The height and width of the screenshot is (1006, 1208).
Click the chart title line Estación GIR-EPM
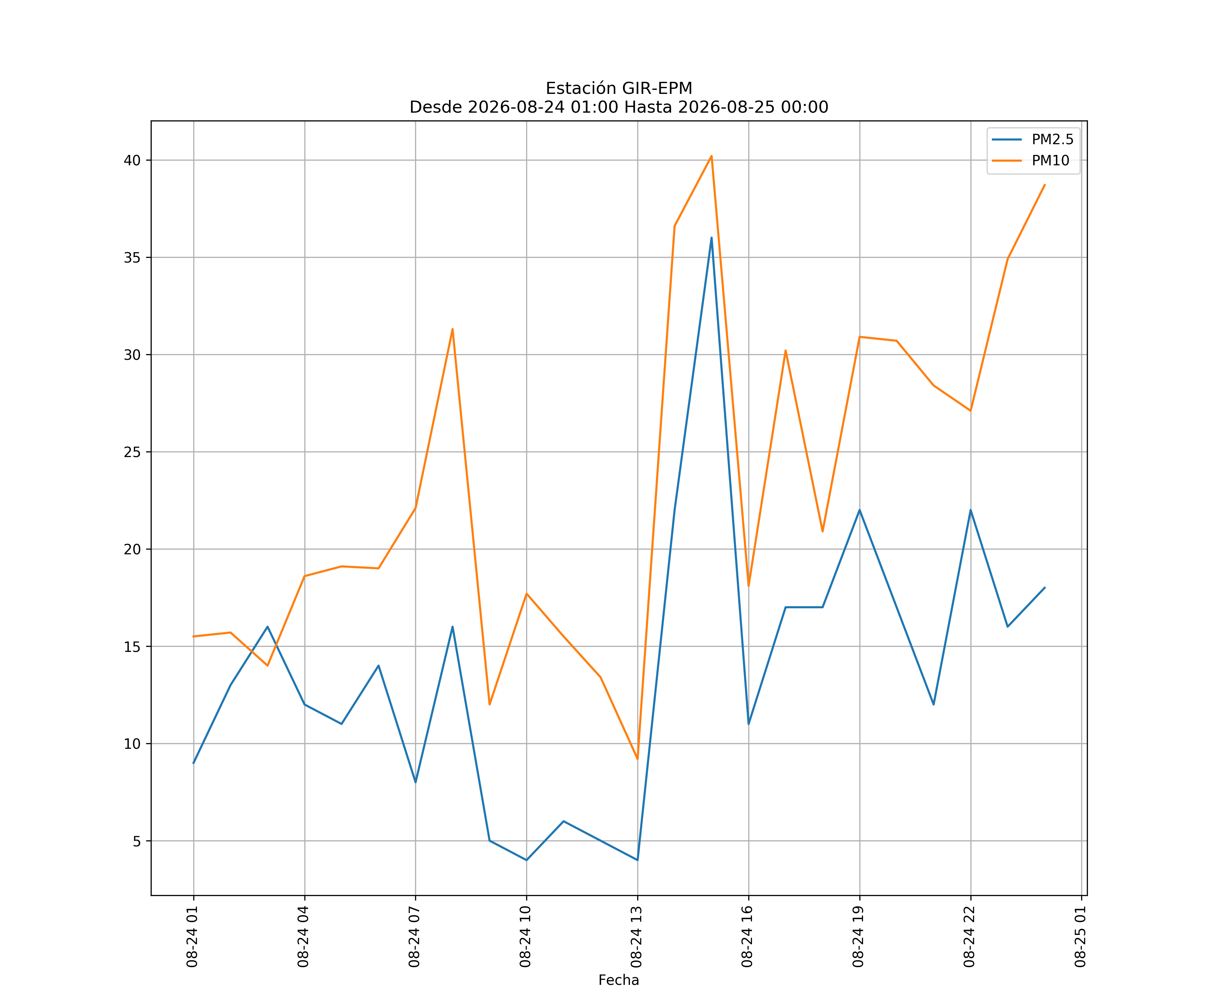(x=619, y=89)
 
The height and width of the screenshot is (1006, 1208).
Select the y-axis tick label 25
(x=132, y=452)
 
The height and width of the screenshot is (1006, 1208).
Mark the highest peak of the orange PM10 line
(x=712, y=156)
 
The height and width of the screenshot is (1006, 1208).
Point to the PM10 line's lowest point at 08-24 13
(x=637, y=759)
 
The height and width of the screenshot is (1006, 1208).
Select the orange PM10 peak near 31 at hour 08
(x=453, y=329)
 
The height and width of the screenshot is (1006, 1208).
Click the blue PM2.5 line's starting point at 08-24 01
(x=194, y=763)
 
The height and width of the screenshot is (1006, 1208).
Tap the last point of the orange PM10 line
(x=1045, y=185)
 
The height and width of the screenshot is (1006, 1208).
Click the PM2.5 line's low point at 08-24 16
(x=748, y=724)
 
